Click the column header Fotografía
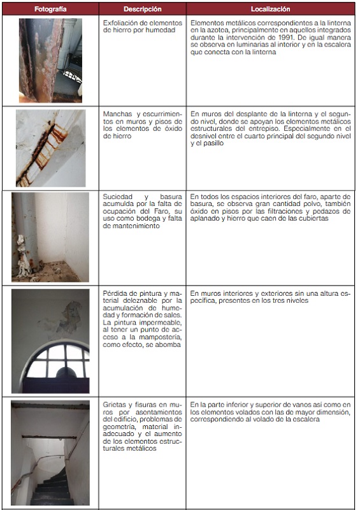coord(50,9)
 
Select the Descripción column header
coord(143,9)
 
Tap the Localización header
coord(270,9)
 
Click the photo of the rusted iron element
coord(50,61)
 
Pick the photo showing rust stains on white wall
coord(51,148)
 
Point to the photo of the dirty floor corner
coord(50,237)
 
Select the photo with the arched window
coord(50,341)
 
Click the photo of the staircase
coord(50,453)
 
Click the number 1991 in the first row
coord(287,38)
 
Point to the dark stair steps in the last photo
coord(52,488)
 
